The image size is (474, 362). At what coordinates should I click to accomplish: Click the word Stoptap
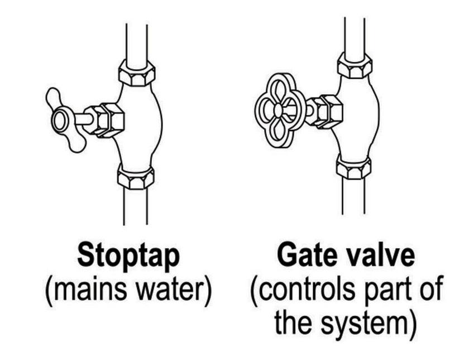pyautogui.click(x=128, y=258)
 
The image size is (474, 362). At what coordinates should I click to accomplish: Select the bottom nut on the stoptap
pyautogui.click(x=135, y=177)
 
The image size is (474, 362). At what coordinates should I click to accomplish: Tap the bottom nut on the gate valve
pyautogui.click(x=354, y=167)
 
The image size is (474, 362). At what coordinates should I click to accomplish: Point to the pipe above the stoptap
pyautogui.click(x=136, y=39)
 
